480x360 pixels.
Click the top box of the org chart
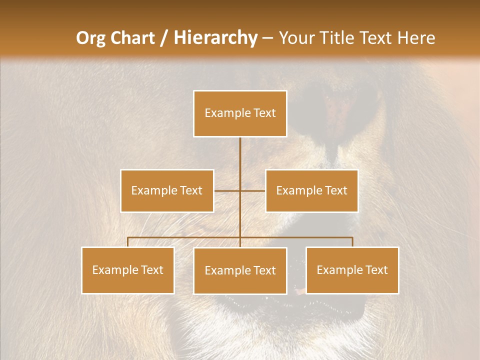click(x=240, y=113)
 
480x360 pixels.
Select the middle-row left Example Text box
click(x=167, y=190)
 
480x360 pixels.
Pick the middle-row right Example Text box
click(x=311, y=190)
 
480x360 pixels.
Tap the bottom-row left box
click(x=128, y=270)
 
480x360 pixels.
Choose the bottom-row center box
click(x=240, y=270)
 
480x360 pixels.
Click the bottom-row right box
click(x=352, y=270)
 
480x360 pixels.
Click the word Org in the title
click(x=90, y=38)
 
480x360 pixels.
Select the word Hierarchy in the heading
click(x=215, y=38)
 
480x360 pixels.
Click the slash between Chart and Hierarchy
click(x=164, y=38)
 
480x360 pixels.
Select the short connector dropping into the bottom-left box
click(x=128, y=242)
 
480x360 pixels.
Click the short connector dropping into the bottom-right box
click(x=352, y=242)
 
